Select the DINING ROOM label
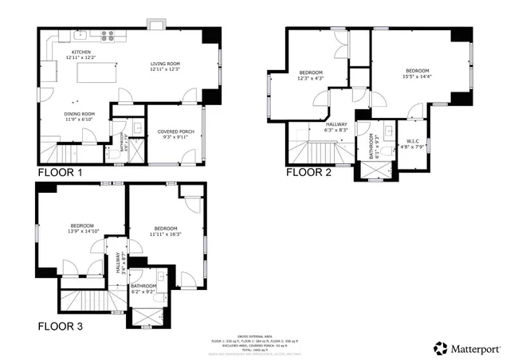(x=80, y=114)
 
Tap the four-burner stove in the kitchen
(x=108, y=34)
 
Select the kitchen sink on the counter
(x=80, y=35)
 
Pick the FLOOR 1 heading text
(x=59, y=172)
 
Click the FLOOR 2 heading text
(x=308, y=172)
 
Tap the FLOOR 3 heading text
(x=60, y=326)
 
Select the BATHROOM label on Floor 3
(x=143, y=286)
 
